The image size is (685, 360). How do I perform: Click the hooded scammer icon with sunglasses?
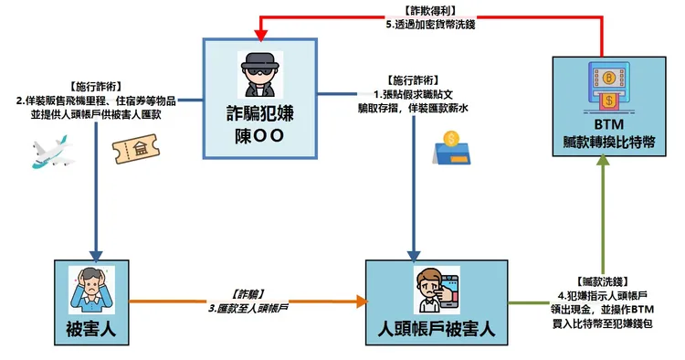[260, 75]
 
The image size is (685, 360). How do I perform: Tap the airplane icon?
[51, 154]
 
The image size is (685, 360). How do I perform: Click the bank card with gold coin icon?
[451, 148]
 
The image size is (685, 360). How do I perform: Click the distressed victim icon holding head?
[91, 290]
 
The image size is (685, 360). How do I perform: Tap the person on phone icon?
[431, 290]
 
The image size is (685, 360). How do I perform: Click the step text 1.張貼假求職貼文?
[417, 94]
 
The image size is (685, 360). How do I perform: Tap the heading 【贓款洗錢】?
[603, 281]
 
